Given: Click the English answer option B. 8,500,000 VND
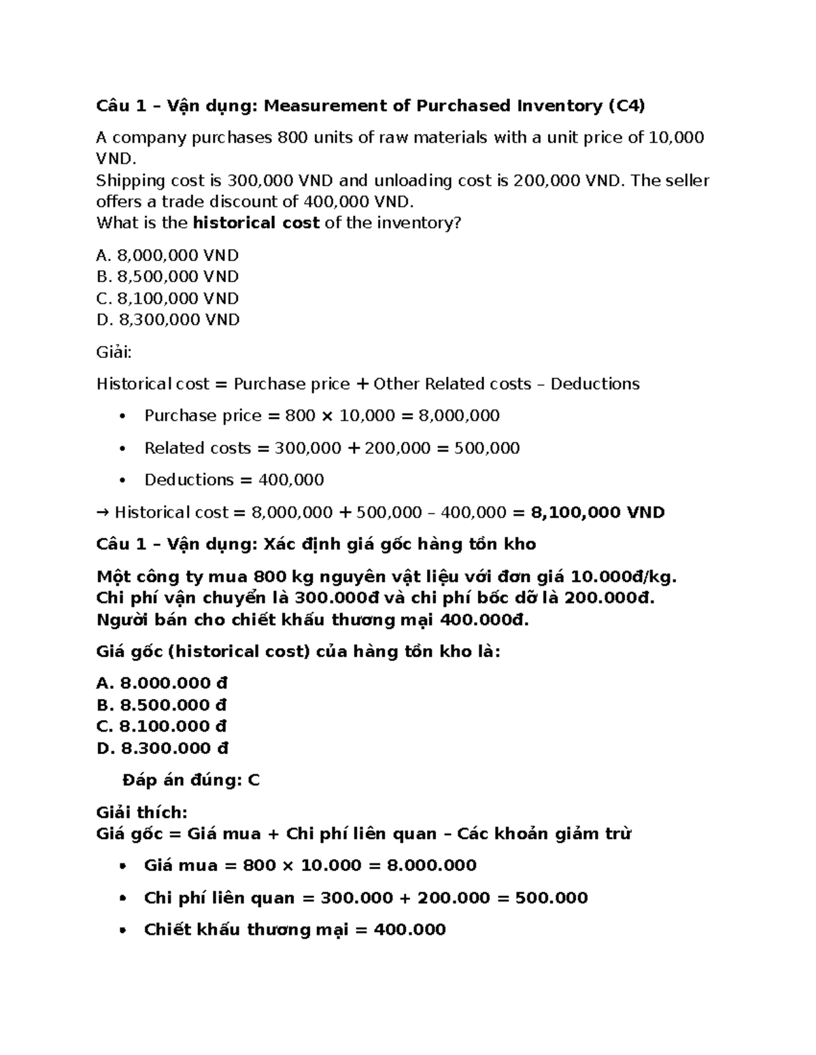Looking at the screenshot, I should (167, 276).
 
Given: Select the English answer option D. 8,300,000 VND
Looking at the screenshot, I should (168, 319).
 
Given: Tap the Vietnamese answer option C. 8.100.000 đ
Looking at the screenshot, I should (161, 726).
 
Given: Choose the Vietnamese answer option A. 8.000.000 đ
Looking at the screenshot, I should (162, 683).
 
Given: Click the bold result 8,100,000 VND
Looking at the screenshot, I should (597, 512).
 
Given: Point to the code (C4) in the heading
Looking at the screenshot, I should (626, 106).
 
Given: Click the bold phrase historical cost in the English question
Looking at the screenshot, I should (256, 223).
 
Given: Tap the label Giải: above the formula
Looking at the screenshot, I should (114, 352).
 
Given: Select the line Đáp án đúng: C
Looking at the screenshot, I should (191, 781).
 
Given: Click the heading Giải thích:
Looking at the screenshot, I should (141, 812).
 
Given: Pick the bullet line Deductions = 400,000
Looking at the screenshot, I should (234, 480).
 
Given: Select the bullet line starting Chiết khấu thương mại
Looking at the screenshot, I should (294, 930).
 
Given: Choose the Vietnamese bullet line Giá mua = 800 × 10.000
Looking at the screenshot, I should (310, 865).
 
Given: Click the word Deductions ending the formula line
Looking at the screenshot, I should (595, 385).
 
